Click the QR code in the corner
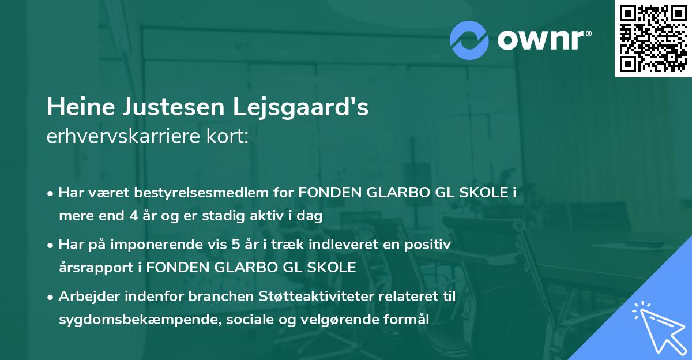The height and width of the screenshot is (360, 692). coord(653,39)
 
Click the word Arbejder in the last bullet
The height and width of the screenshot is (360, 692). coord(85,297)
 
